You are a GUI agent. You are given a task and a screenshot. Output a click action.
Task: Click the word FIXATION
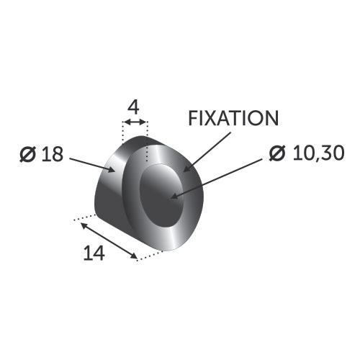(233, 118)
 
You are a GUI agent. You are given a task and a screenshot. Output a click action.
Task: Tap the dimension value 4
(133, 107)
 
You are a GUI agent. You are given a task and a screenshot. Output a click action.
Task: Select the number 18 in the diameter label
(53, 154)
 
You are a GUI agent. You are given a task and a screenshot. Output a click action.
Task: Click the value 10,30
(319, 153)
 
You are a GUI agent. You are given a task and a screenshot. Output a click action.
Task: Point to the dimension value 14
(94, 253)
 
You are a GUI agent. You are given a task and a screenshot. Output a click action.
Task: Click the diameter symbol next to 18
(27, 154)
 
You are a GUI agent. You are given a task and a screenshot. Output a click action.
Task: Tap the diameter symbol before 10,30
(277, 153)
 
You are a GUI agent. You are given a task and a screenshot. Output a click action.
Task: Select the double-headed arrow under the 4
(135, 122)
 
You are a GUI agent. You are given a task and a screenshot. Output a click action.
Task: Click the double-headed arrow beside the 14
(109, 240)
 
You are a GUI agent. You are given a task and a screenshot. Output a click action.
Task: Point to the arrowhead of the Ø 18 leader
(112, 170)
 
